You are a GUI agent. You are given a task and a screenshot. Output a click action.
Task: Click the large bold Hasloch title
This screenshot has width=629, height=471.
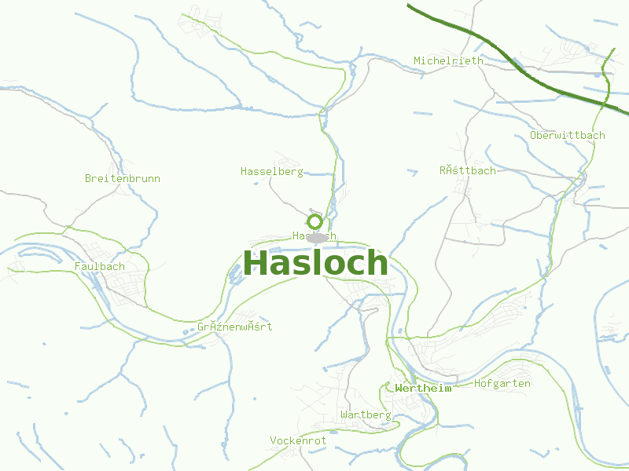[315, 263]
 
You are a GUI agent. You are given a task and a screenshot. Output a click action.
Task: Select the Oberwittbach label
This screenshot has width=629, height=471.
[568, 135]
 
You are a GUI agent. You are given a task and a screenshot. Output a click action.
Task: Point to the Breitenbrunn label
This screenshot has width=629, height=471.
[123, 178]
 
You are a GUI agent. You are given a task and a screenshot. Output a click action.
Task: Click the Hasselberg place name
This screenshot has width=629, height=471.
[271, 171]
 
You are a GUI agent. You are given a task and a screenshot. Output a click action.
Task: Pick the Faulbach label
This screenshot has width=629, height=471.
[100, 266]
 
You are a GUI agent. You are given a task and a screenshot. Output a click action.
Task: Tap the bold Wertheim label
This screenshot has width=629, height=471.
[425, 388]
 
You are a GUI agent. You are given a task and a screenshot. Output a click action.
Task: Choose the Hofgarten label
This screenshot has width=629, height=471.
[502, 383]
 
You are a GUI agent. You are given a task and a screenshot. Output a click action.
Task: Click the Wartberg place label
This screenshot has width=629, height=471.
[366, 414]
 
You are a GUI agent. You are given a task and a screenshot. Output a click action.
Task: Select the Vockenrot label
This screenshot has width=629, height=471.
[298, 440]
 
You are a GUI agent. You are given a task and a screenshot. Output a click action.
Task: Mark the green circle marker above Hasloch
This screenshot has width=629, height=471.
[315, 221]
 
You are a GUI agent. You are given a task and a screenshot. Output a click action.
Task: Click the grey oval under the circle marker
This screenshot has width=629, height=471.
[316, 237]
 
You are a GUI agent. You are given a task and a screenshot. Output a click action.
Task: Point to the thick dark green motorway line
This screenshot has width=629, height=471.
[503, 63]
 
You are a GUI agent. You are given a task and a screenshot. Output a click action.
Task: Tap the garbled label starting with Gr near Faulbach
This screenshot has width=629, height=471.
[235, 327]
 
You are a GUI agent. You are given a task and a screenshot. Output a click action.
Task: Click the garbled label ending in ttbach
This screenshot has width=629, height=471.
[468, 170]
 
